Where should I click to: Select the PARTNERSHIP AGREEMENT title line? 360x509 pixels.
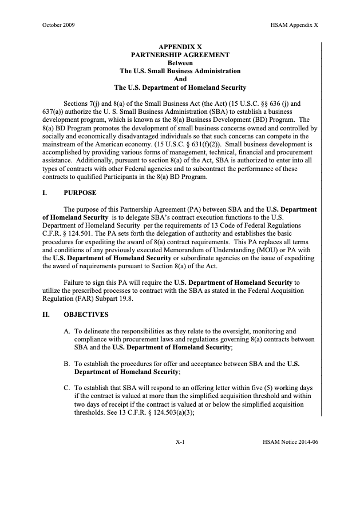[x=180, y=55]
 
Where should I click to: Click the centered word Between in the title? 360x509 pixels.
[x=180, y=63]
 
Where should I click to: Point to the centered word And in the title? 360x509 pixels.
[x=180, y=79]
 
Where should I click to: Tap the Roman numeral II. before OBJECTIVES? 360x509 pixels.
[x=46, y=315]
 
